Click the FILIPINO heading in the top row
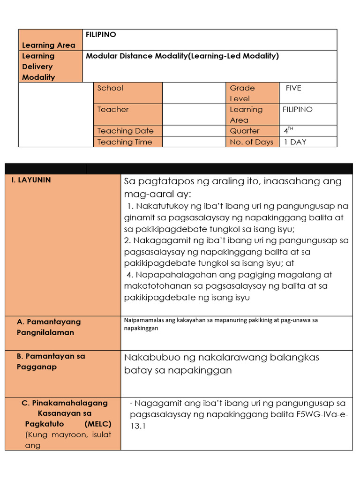pos(101,35)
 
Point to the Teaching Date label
pos(125,131)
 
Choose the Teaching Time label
pos(125,142)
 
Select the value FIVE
pos(293,88)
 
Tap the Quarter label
pos(244,131)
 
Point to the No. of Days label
pos(251,142)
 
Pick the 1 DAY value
pos(295,142)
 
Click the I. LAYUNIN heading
pos(31,180)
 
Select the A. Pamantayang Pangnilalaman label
pos(48,327)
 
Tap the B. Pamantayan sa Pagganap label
pos(51,361)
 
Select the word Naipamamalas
pos(142,320)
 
